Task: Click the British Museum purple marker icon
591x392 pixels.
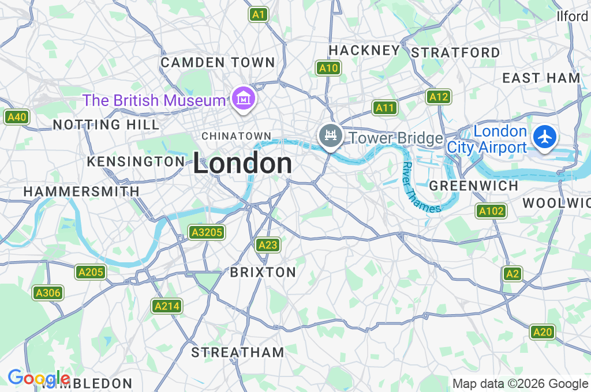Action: (244, 100)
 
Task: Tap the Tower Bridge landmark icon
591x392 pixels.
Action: (330, 136)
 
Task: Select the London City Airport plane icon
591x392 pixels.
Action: (544, 137)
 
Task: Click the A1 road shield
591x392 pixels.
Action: (259, 14)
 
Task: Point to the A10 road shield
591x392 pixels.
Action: (328, 68)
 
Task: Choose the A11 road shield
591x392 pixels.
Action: (384, 107)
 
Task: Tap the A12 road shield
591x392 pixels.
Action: (439, 97)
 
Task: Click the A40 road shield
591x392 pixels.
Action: (16, 117)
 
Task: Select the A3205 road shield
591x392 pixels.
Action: (207, 232)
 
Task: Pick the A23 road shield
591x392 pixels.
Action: (268, 245)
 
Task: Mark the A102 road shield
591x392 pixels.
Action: (491, 211)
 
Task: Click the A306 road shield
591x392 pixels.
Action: (47, 293)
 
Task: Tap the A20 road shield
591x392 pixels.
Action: (543, 331)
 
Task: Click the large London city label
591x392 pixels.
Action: (242, 164)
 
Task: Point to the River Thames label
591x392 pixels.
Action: (420, 189)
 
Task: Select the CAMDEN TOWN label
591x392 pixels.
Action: (218, 62)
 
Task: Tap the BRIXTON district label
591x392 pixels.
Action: (263, 272)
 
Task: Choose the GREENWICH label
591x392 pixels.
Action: (474, 186)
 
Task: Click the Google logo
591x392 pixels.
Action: (39, 378)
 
